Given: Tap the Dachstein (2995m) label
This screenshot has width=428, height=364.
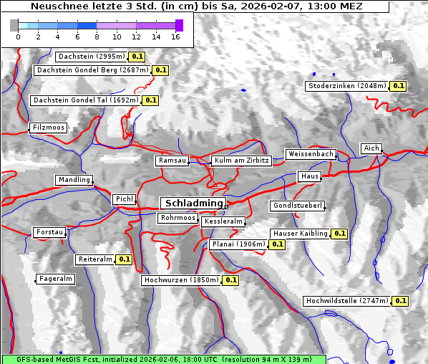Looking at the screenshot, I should tap(91, 56).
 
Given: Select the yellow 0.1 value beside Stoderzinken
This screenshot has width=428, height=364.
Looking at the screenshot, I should tap(399, 86).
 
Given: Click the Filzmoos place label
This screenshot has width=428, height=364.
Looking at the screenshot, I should tap(49, 128).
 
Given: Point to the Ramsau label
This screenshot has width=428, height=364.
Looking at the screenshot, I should tap(172, 161).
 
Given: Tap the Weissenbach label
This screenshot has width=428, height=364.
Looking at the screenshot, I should tap(311, 154).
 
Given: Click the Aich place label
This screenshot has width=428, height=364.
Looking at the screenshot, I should tap(371, 148).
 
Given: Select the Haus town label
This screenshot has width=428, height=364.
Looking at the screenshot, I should tap(309, 176).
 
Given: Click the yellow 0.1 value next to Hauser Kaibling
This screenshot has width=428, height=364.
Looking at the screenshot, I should tap(339, 234).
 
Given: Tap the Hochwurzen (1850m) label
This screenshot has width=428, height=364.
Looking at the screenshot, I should tap(180, 280).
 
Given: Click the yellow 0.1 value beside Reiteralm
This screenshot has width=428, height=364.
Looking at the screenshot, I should tap(125, 259).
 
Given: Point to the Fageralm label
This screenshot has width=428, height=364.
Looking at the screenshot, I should tap(56, 279).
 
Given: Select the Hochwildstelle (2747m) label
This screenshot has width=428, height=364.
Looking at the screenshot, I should tap(347, 301).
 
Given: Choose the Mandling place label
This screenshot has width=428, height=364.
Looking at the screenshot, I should tap(74, 180).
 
